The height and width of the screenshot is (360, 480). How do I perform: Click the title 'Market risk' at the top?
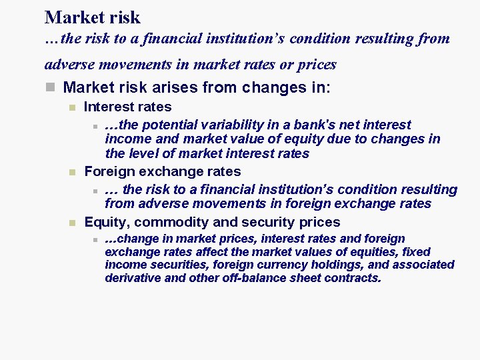(x=93, y=17)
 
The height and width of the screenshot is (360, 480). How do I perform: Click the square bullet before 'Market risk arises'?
(x=49, y=88)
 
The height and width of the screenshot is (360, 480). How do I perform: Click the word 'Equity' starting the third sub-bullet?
(x=103, y=222)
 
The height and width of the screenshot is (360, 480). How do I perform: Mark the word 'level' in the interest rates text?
(x=142, y=154)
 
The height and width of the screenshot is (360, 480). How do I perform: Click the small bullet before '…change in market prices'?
(x=95, y=239)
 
